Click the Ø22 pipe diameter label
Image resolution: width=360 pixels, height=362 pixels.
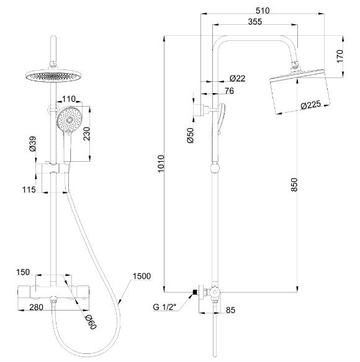click(238, 78)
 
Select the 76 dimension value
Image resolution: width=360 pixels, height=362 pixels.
click(230, 91)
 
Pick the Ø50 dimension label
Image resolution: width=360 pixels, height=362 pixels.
click(190, 135)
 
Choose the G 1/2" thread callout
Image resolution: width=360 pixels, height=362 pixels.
click(165, 306)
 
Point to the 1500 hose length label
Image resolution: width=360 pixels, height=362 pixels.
click(142, 276)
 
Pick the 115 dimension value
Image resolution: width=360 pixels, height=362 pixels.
click(28, 189)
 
